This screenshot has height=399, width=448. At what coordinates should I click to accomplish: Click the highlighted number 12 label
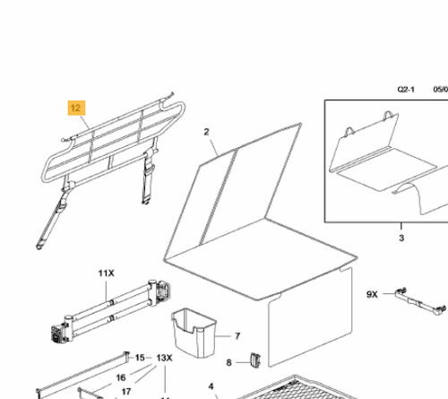pyautogui.click(x=76, y=108)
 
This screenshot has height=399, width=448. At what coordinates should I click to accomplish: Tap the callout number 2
pyautogui.click(x=206, y=132)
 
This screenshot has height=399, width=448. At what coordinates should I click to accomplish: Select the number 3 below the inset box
pyautogui.click(x=401, y=238)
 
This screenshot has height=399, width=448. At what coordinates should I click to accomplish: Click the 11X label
pyautogui.click(x=107, y=273)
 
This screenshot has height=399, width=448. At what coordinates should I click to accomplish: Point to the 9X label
pyautogui.click(x=372, y=294)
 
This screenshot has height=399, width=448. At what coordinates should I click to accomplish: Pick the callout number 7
pyautogui.click(x=237, y=336)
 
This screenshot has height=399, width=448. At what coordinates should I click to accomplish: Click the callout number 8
pyautogui.click(x=228, y=362)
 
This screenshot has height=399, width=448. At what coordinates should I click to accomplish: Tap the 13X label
pyautogui.click(x=164, y=358)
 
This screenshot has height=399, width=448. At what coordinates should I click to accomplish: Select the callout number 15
pyautogui.click(x=140, y=358)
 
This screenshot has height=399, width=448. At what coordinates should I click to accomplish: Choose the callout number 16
pyautogui.click(x=121, y=377)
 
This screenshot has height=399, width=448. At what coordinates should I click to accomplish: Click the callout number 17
pyautogui.click(x=126, y=392)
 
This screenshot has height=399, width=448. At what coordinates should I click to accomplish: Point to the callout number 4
pyautogui.click(x=211, y=386)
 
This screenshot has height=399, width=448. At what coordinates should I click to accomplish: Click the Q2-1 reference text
pyautogui.click(x=406, y=89)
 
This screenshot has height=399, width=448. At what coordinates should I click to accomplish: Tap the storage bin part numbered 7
pyautogui.click(x=194, y=333)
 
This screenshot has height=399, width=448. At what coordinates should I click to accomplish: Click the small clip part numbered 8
pyautogui.click(x=255, y=360)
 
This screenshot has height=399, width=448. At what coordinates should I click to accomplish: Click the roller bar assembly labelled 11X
pyautogui.click(x=111, y=311)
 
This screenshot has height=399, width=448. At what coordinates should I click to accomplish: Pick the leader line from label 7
pyautogui.click(x=222, y=336)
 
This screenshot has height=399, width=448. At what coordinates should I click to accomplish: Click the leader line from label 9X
pyautogui.click(x=389, y=294)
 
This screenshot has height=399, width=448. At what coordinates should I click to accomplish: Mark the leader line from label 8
pyautogui.click(x=243, y=362)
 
